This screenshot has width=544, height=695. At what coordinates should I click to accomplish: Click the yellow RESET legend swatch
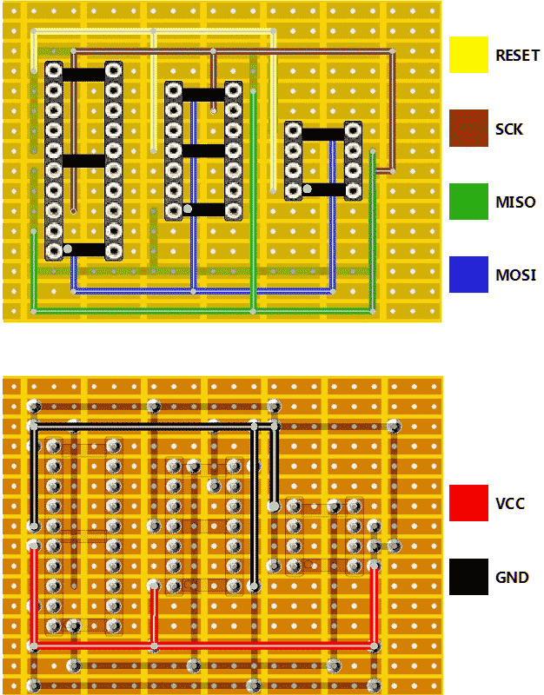(x=468, y=55)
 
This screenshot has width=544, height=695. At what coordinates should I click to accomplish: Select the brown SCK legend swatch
(x=468, y=129)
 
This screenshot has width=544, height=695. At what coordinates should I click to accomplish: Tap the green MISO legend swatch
(x=468, y=202)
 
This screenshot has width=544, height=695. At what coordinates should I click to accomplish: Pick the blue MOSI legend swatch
(x=468, y=275)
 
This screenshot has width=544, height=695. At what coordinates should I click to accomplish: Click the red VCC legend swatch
(x=468, y=503)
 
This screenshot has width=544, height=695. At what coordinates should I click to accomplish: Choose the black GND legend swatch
(x=468, y=577)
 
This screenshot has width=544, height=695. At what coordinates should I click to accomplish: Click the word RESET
(x=517, y=56)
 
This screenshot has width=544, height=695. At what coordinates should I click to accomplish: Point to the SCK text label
(x=509, y=129)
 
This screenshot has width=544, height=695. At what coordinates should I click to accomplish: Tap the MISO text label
(x=514, y=202)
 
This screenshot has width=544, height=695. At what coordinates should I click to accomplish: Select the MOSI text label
(x=514, y=275)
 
